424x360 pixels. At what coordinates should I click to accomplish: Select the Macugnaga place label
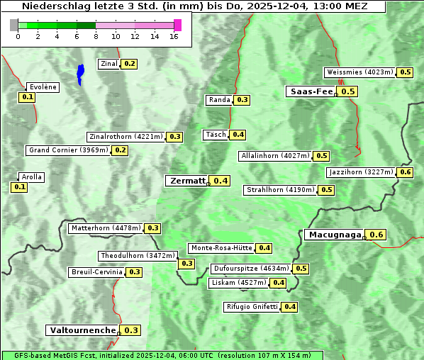(334, 235)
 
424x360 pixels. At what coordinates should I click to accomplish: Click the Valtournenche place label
(82, 330)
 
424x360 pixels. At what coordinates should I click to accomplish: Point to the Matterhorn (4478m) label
(105, 228)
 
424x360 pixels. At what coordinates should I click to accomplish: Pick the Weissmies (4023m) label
(359, 72)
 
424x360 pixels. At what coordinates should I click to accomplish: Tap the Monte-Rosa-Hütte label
(221, 248)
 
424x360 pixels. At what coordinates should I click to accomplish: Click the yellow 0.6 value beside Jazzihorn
(406, 172)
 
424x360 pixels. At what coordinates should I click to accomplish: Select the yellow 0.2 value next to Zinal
(129, 64)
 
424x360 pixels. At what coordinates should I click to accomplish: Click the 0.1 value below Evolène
(28, 97)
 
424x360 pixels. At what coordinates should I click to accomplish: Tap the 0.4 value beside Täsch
(238, 135)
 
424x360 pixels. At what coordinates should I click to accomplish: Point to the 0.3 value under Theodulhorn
(186, 264)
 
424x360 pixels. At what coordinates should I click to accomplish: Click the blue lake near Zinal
(80, 73)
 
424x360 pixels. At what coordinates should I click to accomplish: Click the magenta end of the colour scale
(177, 25)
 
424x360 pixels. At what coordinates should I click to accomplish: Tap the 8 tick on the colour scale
(96, 37)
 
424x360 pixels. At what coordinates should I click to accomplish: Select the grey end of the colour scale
(14, 25)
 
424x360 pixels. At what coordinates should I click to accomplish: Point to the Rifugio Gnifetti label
(252, 307)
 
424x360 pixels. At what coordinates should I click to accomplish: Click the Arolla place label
(32, 177)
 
